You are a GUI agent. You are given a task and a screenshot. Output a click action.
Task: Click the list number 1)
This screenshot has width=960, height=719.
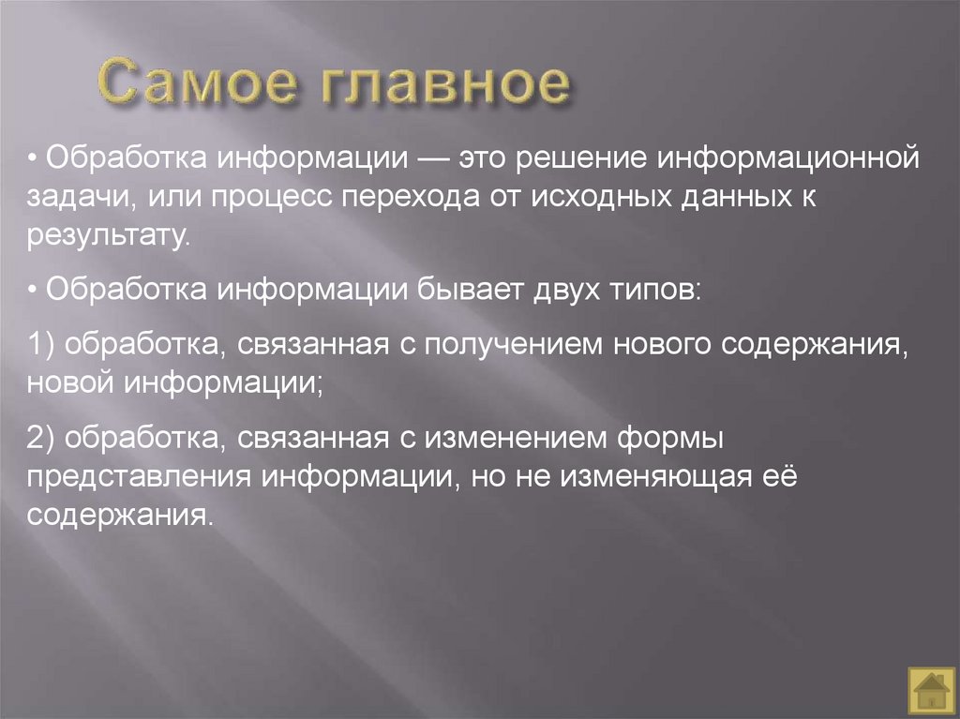43,344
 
